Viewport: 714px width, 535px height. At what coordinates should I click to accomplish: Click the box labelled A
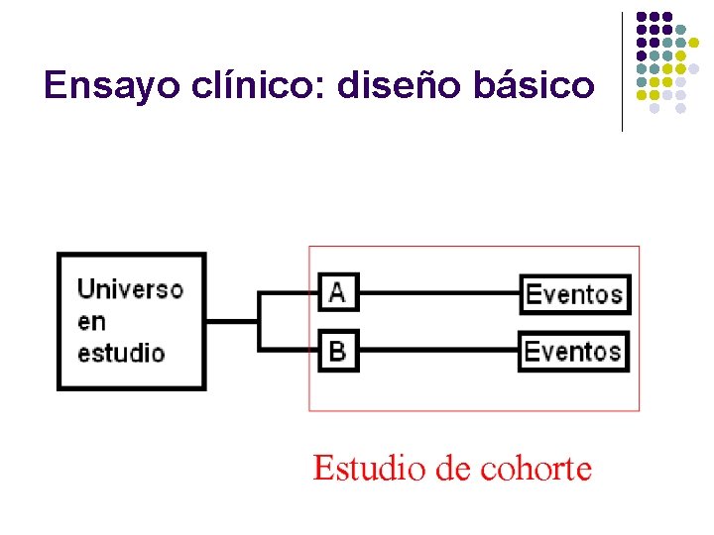[x=338, y=293]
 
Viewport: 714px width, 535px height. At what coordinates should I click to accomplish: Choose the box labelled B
[x=338, y=351]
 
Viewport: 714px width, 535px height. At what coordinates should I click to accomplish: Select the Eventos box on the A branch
[x=574, y=294]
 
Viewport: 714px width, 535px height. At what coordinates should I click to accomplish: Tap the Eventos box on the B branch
[x=573, y=352]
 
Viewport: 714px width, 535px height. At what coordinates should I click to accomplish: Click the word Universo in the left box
[x=130, y=289]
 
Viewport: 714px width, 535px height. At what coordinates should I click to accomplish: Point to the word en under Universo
[x=91, y=321]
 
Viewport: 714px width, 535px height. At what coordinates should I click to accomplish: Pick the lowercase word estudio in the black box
[x=121, y=353]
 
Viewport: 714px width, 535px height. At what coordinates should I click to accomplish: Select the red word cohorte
[x=535, y=469]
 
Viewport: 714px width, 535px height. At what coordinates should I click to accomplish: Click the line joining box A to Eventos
[x=438, y=293]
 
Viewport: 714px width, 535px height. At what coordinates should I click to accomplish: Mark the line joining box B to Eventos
[x=437, y=351]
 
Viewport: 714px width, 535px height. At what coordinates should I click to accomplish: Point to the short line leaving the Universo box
[x=232, y=321]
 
